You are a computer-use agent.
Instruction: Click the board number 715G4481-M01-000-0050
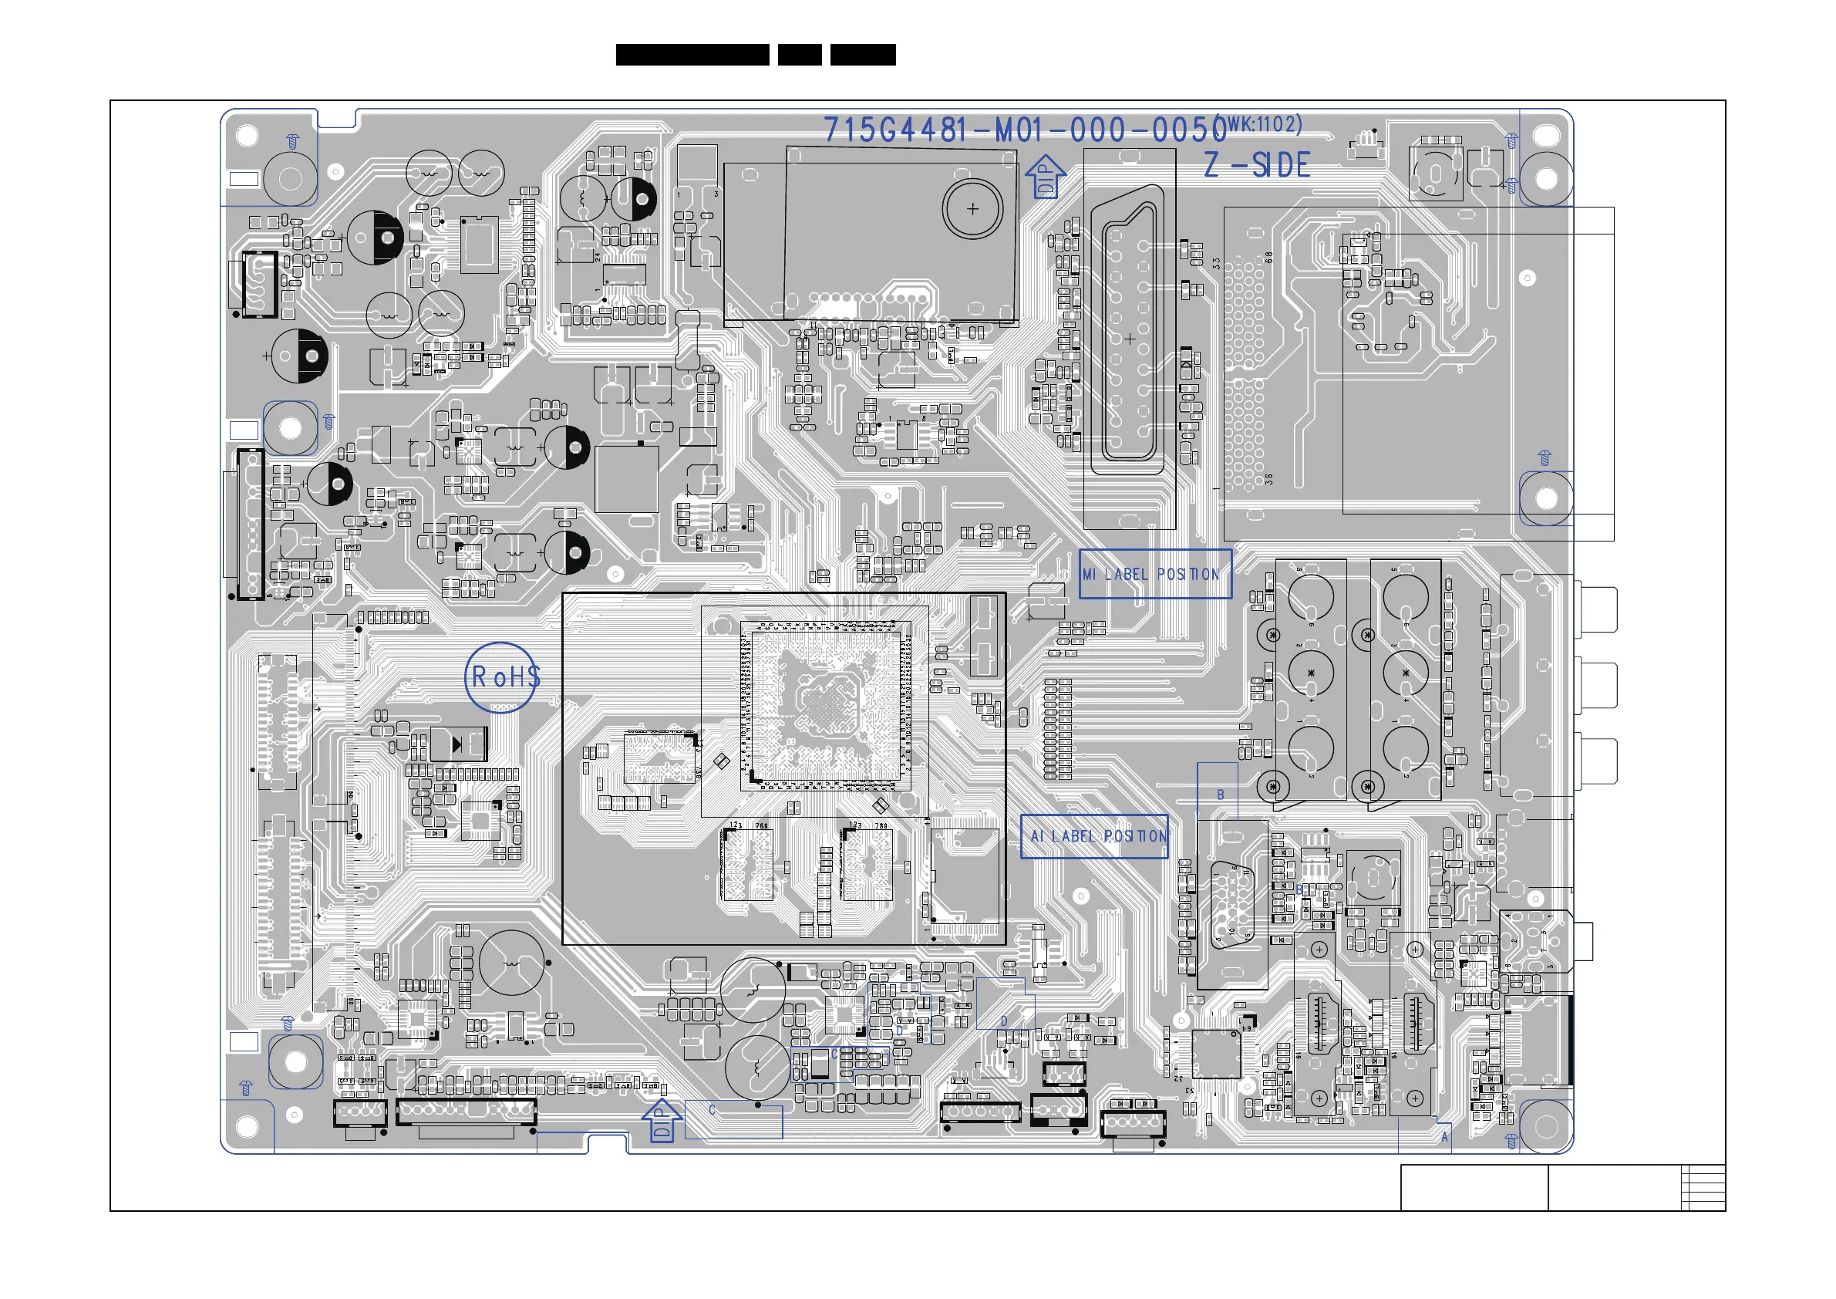[1023, 130]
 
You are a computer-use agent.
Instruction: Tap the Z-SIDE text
[1256, 166]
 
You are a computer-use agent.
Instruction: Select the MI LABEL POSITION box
[1154, 573]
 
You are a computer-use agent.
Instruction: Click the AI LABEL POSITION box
[1094, 836]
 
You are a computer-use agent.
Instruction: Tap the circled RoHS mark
[502, 677]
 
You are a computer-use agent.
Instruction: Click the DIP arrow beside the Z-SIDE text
[1045, 177]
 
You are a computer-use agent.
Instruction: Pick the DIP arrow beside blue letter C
[661, 1120]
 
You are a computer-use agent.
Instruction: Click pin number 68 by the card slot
[1268, 258]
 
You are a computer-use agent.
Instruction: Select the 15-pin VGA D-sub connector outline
[1232, 904]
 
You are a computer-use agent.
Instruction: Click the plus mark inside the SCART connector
[1129, 339]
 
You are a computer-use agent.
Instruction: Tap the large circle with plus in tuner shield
[972, 209]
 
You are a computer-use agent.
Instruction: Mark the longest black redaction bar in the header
[692, 55]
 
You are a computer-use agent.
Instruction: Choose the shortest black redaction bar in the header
[800, 55]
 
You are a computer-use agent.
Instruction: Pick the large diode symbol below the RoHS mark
[458, 744]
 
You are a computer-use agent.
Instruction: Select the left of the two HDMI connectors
[1319, 1024]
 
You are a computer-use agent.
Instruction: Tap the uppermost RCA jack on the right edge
[1597, 609]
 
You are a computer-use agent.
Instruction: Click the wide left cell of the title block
[1474, 1187]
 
